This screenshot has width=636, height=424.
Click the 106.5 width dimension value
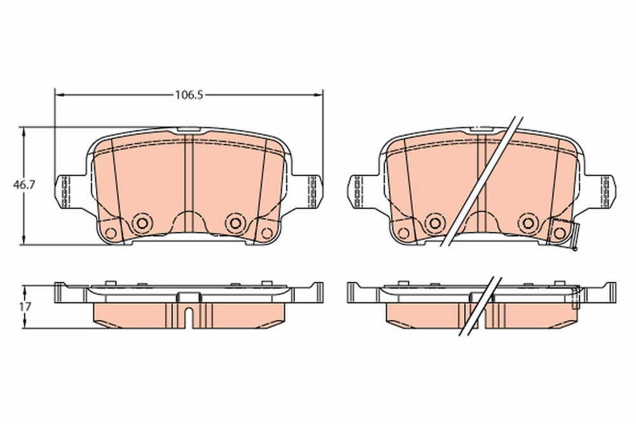(x=189, y=95)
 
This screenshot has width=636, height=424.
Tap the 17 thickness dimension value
(x=25, y=307)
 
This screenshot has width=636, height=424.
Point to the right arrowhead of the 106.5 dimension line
(x=317, y=95)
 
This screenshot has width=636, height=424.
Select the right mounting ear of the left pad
(x=308, y=192)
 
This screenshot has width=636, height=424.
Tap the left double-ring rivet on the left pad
(x=142, y=222)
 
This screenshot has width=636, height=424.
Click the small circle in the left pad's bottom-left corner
(x=110, y=233)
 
